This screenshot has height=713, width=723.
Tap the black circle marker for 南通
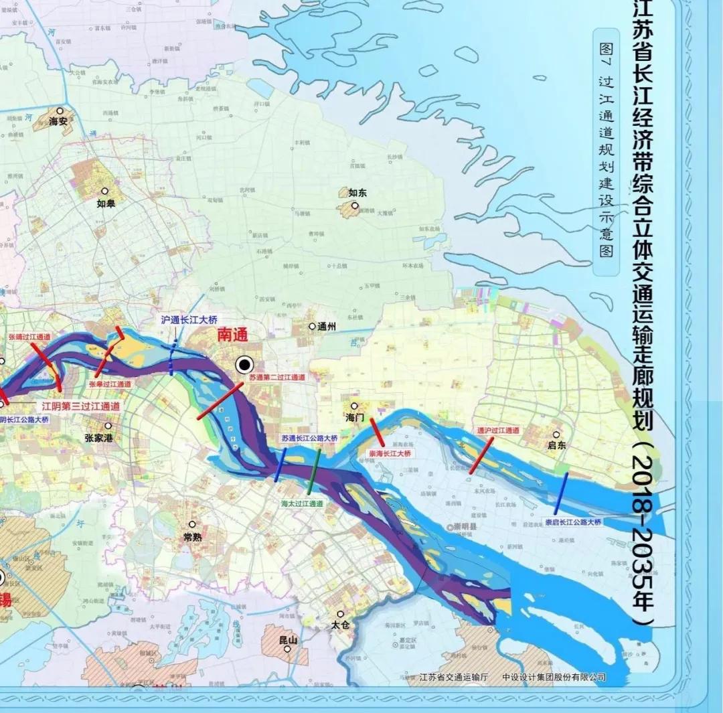tap(244, 365)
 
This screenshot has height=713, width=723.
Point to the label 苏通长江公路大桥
tap(309, 438)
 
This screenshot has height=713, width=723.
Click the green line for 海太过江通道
tap(313, 471)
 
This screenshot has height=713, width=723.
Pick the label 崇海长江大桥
tap(390, 453)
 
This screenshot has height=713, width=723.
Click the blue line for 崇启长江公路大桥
tap(561, 493)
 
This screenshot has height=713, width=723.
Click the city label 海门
tap(355, 417)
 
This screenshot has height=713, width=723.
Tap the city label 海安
tap(59, 122)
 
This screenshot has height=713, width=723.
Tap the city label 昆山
tap(288, 640)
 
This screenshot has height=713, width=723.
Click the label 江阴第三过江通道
tap(81, 406)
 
